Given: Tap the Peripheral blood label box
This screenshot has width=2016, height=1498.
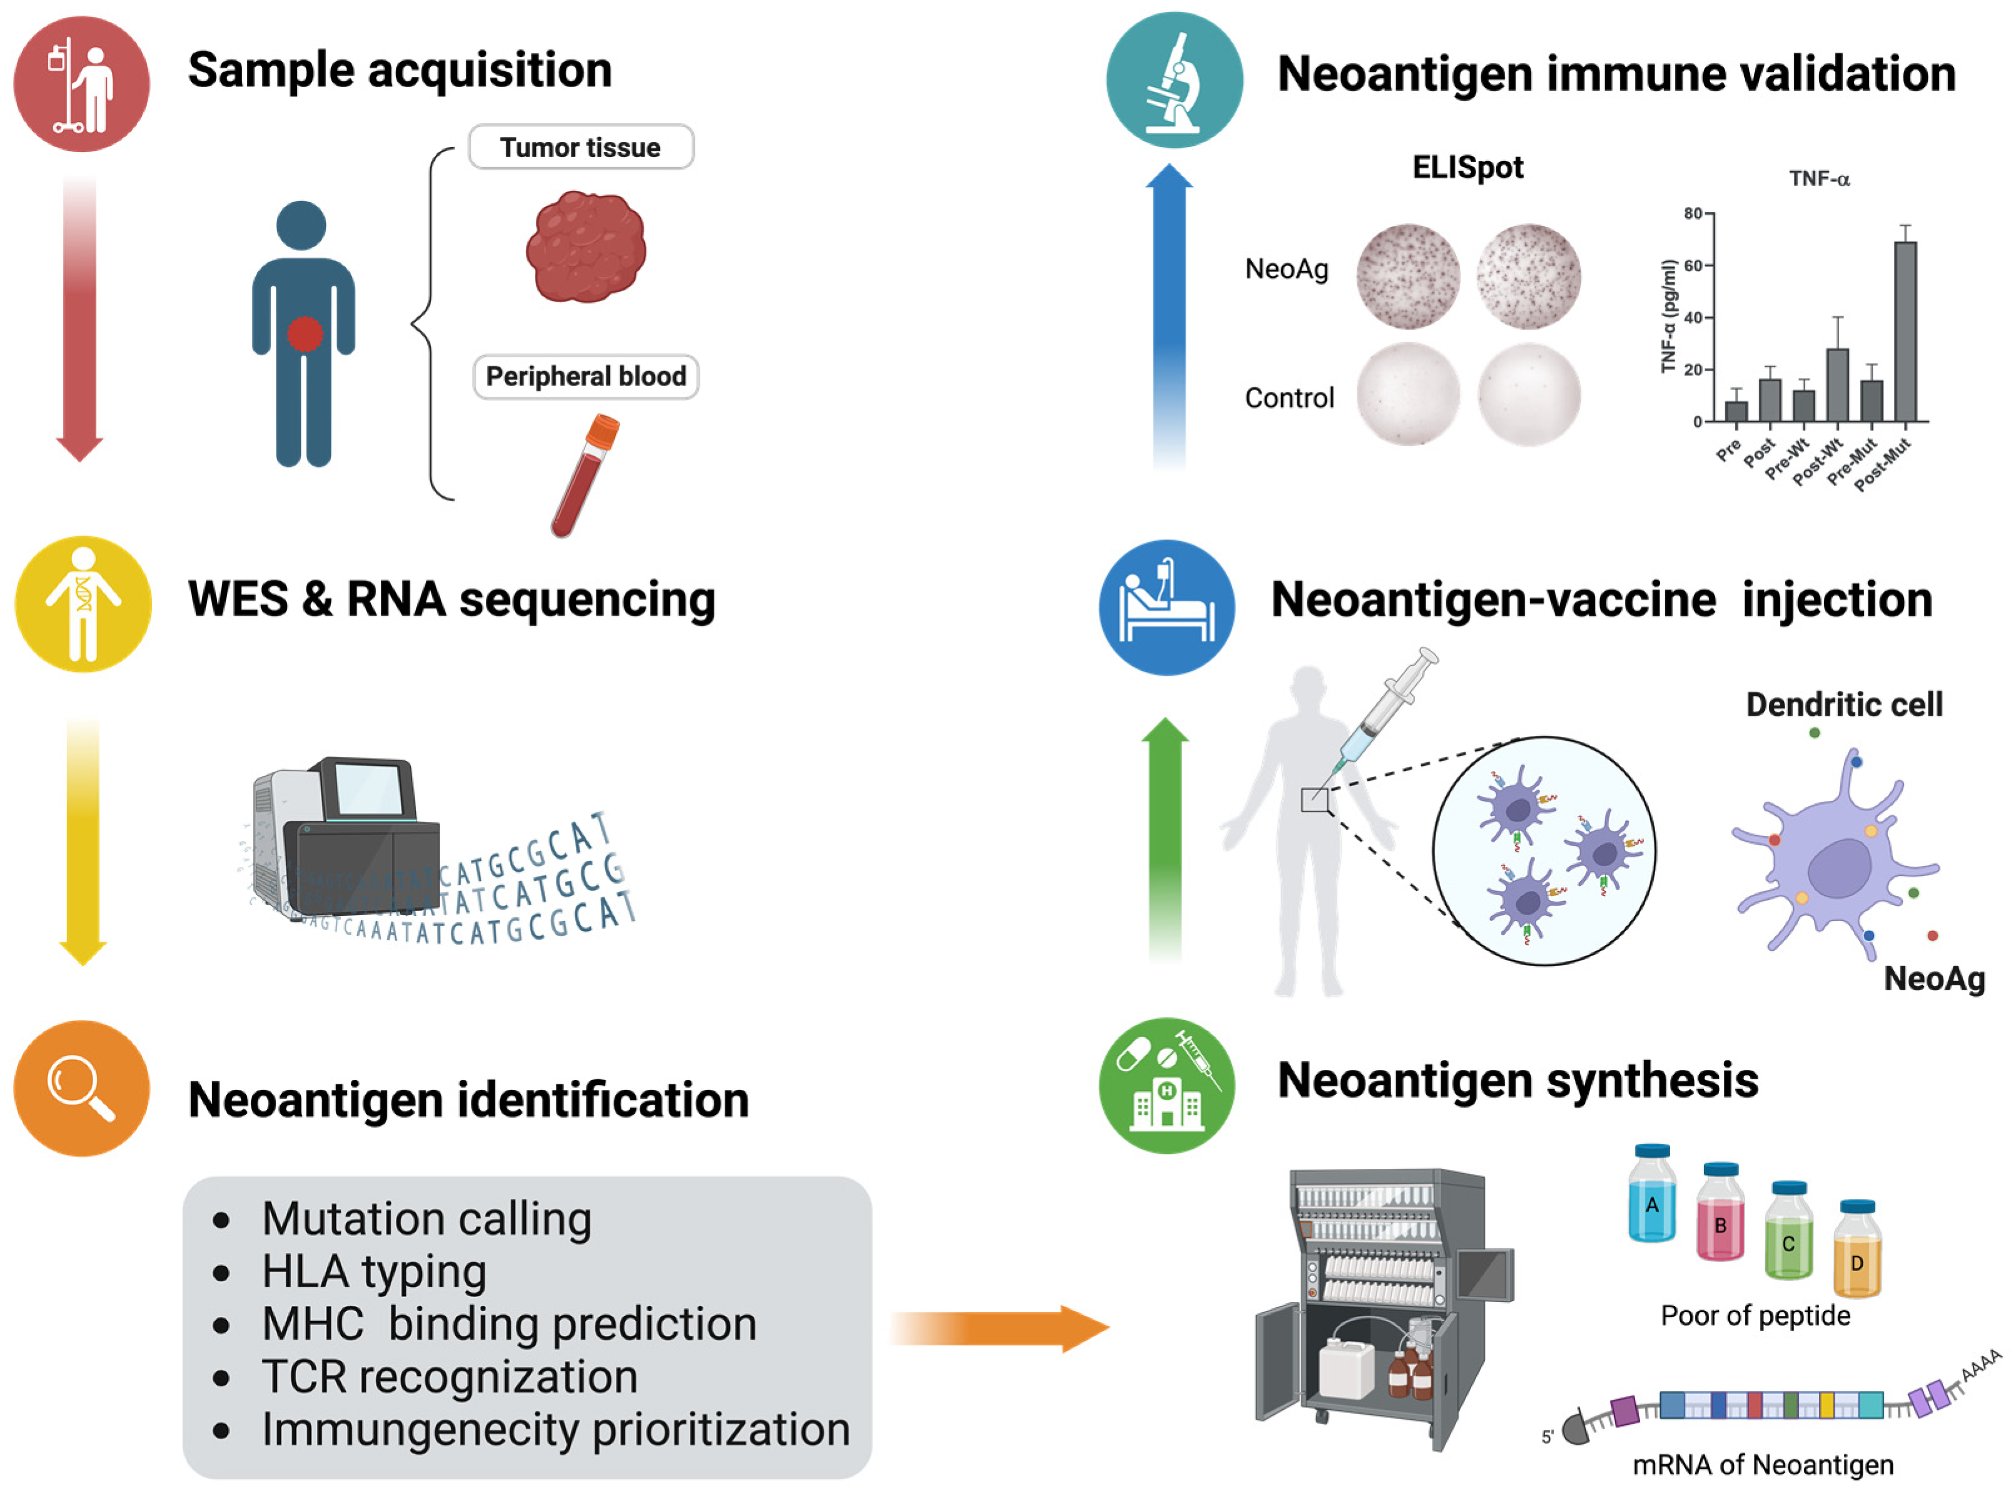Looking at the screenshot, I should point(585,376).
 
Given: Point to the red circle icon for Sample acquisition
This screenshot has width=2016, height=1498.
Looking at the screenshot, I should point(81,83).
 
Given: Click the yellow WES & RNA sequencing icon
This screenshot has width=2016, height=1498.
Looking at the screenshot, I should point(83,604).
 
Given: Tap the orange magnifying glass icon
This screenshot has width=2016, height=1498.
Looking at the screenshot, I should point(81,1088).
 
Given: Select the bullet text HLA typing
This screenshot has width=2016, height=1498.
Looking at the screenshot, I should point(373,1271).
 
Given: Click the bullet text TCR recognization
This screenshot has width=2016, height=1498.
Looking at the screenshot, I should point(450,1377).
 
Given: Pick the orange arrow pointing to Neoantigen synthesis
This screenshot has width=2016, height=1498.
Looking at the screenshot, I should point(997,1328).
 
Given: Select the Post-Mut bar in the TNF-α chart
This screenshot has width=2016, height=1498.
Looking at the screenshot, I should point(1905,331).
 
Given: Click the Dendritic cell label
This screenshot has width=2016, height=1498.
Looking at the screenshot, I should point(1844,705).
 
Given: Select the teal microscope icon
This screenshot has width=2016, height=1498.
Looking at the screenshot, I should point(1174,80).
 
